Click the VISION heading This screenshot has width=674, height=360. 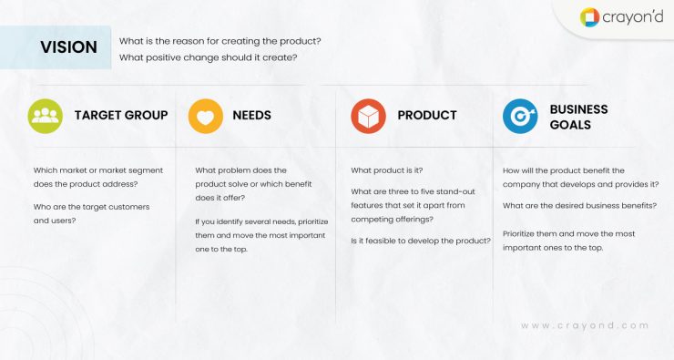point(68,47)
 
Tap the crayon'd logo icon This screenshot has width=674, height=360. point(590,17)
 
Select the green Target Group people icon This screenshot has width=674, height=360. point(45,116)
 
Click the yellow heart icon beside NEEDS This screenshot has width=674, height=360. point(206,116)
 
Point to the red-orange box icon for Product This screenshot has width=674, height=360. point(368,116)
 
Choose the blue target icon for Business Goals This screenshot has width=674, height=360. point(520,116)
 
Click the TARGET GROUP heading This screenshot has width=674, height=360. point(120,116)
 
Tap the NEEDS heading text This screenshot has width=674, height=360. point(251,116)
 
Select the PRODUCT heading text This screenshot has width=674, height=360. point(427,116)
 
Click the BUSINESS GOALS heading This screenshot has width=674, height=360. point(578,117)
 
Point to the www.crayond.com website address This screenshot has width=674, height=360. point(585,325)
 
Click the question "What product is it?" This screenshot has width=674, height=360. point(387,170)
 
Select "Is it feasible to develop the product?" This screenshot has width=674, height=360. point(421,241)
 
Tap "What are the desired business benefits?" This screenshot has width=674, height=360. point(579,206)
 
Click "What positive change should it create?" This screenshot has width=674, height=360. point(209,58)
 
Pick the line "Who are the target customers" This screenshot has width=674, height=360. point(91,206)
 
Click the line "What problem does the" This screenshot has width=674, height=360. point(241,170)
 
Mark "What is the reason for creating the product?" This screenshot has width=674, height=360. point(220,41)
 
